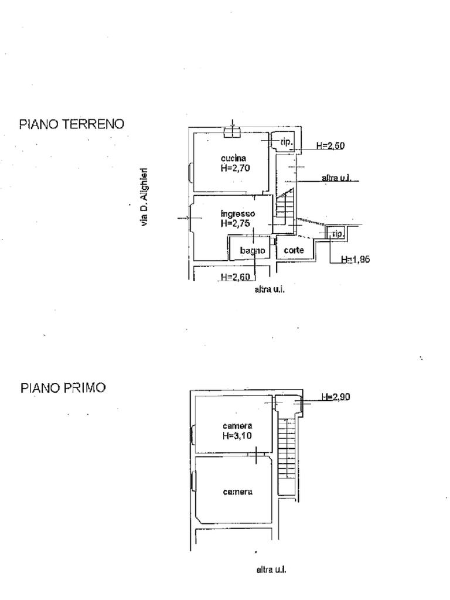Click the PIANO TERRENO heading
pos(72,124)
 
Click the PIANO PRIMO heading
pos(63,388)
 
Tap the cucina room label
pos(233,158)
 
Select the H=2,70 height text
pos(236,168)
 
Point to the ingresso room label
pos(238,213)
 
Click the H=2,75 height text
pos(236,223)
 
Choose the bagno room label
pos(253,251)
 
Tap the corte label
pos(294,250)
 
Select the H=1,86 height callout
pos(356,259)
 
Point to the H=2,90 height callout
pos(336,397)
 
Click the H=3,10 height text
pos(237,435)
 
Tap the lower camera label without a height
pos(238,492)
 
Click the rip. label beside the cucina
pos(286,142)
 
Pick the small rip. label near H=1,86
pos(337,233)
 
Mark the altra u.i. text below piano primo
pos(271,570)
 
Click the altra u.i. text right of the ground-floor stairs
pos(336,178)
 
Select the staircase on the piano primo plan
pos(287,448)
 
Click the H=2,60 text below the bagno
pos(236,277)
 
